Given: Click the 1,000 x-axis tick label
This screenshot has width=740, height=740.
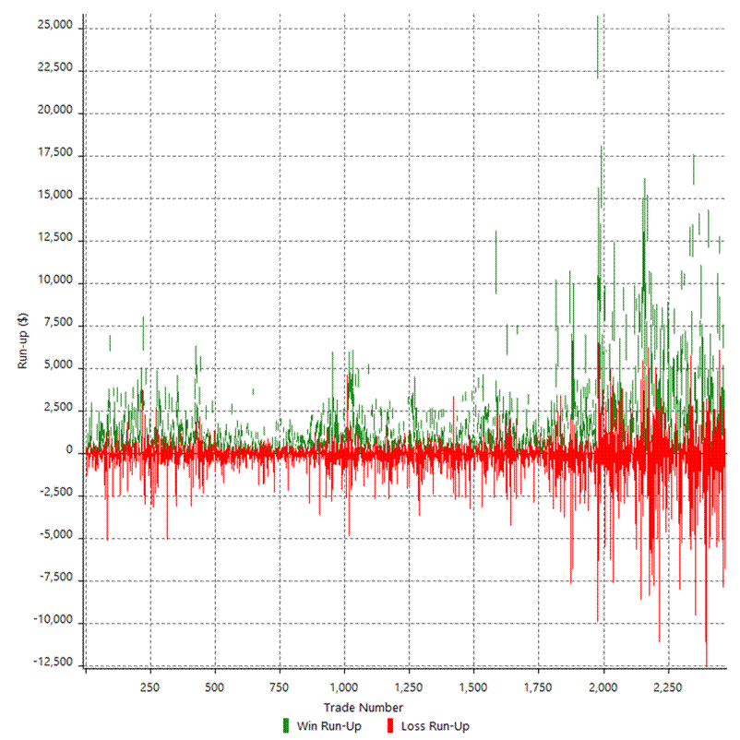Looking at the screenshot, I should click(x=343, y=686).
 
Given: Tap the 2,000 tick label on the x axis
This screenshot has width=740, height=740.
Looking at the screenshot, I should click(x=603, y=686).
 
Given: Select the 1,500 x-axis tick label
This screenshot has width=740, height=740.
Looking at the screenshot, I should click(x=472, y=686).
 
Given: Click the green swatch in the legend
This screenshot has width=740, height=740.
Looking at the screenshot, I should click(x=286, y=726).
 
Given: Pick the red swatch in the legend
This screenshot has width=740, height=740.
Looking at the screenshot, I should click(x=390, y=726).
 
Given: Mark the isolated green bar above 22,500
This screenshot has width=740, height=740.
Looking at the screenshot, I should click(x=598, y=46).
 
